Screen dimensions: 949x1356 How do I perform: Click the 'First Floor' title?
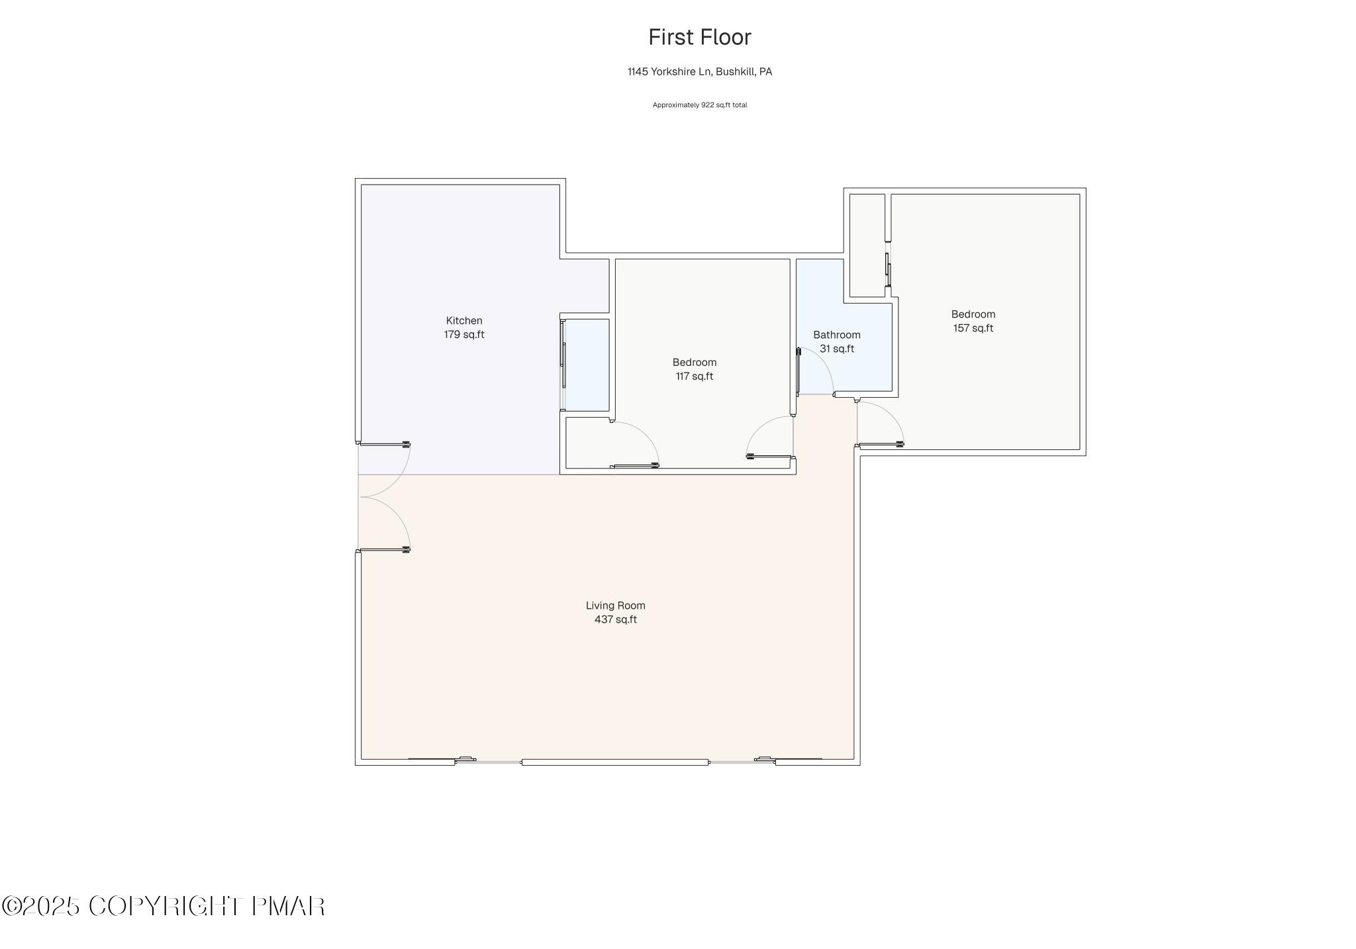pyautogui.click(x=699, y=38)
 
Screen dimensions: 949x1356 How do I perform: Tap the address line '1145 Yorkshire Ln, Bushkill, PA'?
pyautogui.click(x=699, y=71)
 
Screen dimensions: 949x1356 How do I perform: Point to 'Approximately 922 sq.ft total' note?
pyautogui.click(x=699, y=105)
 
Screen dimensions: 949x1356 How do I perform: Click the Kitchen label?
pyautogui.click(x=463, y=321)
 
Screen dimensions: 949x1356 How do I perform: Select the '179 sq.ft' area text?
pyautogui.click(x=463, y=335)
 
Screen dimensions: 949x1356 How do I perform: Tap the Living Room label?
pyautogui.click(x=615, y=606)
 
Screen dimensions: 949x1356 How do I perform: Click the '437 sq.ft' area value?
pyautogui.click(x=615, y=619)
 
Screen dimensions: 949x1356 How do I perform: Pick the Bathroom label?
pyautogui.click(x=836, y=335)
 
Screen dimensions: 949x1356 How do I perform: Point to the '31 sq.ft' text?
pyautogui.click(x=836, y=349)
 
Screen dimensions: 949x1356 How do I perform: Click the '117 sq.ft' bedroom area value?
pyautogui.click(x=694, y=377)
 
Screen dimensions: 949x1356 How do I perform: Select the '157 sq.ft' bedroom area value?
pyautogui.click(x=973, y=328)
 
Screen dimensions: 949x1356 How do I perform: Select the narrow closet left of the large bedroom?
pyautogui.click(x=867, y=245)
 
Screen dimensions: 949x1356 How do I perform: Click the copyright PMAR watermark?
pyautogui.click(x=163, y=906)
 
